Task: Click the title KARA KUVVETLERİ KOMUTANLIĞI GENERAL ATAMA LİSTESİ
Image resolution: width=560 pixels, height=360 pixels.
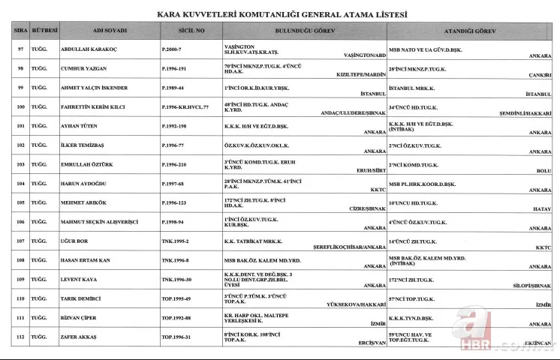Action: [282, 14]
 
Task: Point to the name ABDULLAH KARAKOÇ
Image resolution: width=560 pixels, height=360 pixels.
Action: [89, 49]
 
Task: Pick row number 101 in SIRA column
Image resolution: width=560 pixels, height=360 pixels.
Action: [20, 126]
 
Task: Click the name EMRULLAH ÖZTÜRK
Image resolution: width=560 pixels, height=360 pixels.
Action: [88, 164]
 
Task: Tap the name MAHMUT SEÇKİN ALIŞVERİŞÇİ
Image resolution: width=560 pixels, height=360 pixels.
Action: [100, 222]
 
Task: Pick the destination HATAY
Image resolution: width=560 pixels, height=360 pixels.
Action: [541, 209]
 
